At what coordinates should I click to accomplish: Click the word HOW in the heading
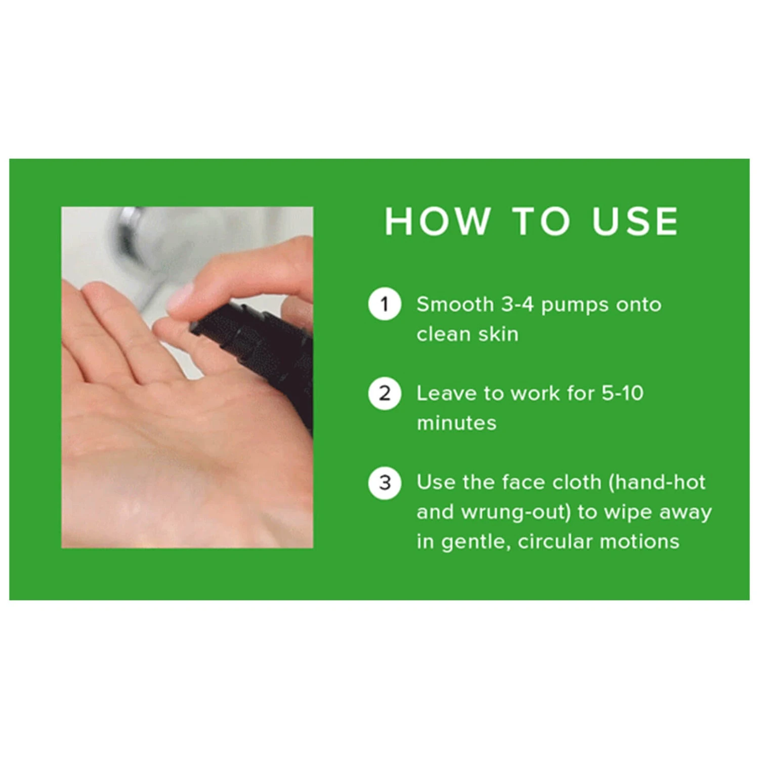[438, 221]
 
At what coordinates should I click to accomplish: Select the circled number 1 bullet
[385, 304]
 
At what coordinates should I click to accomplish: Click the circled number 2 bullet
[385, 393]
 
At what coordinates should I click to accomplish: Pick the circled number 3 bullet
[385, 482]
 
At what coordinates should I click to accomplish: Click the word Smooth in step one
[455, 304]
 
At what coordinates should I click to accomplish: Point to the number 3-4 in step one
[517, 304]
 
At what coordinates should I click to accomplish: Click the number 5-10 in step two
[622, 393]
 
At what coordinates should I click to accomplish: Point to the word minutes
[456, 423]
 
